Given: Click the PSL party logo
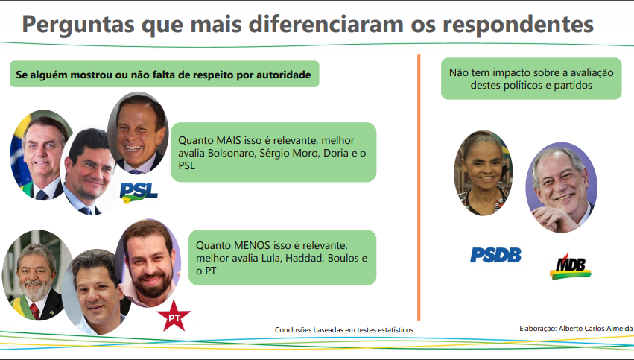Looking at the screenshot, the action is [x=139, y=192].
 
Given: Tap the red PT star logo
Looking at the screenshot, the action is [x=174, y=316].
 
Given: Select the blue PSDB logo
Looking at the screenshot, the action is [x=495, y=255].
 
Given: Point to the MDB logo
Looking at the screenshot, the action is [x=571, y=266].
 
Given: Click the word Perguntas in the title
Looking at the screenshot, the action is [x=78, y=25].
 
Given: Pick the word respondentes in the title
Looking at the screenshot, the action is [x=519, y=25].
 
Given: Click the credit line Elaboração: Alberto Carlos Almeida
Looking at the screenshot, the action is [x=576, y=329].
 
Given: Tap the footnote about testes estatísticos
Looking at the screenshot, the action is [x=344, y=330].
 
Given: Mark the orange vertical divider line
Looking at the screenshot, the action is [x=419, y=188].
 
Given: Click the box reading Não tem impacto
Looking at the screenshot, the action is [x=531, y=78].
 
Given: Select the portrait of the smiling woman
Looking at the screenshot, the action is [x=484, y=173].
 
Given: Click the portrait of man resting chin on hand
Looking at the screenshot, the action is [x=561, y=187].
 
